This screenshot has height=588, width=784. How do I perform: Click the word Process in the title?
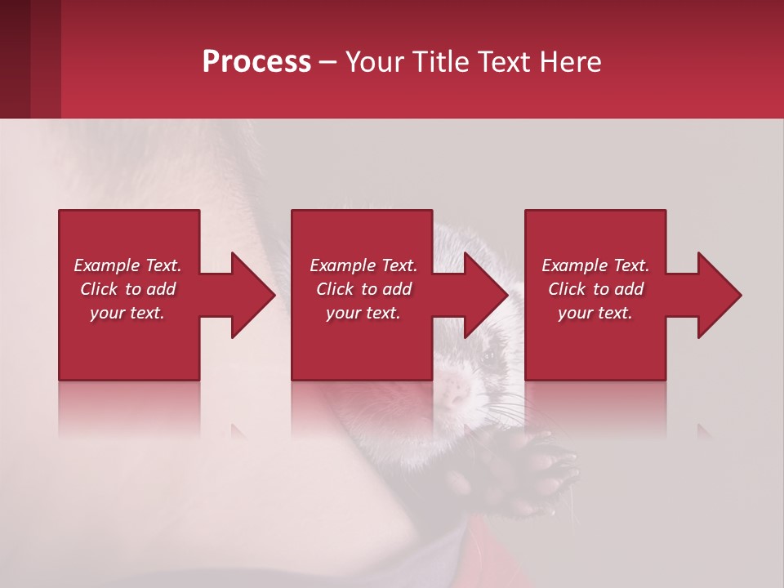point(256,62)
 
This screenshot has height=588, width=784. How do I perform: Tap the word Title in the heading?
point(440,62)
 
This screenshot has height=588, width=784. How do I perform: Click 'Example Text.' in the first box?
point(127,265)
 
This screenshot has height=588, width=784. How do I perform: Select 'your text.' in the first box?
point(127,313)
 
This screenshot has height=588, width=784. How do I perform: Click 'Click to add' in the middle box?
point(363,289)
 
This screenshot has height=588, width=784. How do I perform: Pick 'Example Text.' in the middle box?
point(363,265)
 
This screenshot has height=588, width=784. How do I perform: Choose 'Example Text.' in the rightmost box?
point(595,265)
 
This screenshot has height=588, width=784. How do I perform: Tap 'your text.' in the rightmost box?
point(595,313)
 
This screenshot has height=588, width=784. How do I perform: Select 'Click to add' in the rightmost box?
point(595,289)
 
